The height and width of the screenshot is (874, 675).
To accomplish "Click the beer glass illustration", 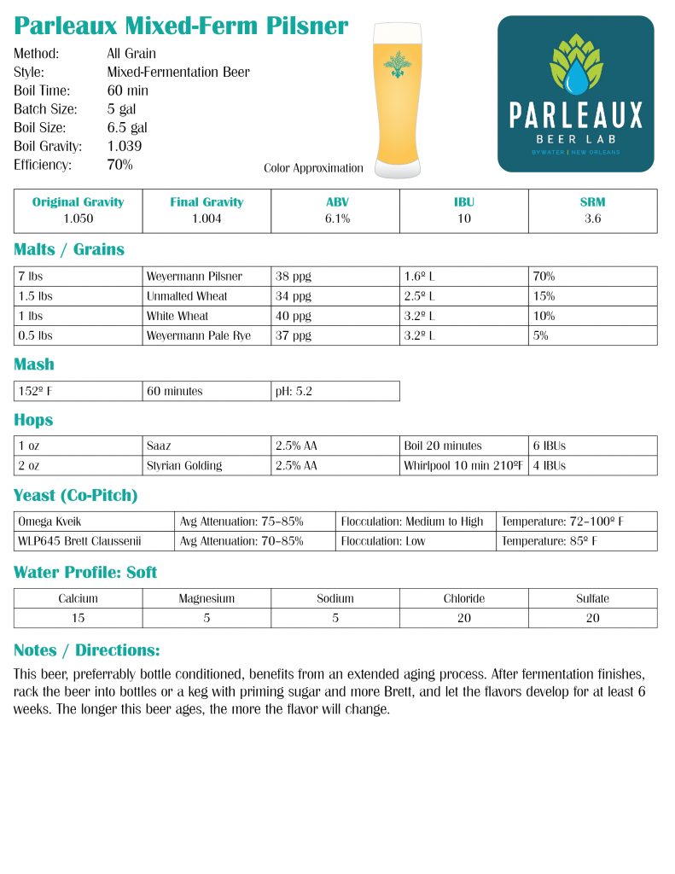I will (397, 101).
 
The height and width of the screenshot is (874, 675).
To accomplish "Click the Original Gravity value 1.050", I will (78, 218).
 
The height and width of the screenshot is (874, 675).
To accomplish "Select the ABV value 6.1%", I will (335, 218).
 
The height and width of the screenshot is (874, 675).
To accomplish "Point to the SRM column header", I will (592, 202).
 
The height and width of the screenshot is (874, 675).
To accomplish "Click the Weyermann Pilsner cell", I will (195, 277).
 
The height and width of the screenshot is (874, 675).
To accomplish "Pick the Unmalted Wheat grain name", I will (187, 296).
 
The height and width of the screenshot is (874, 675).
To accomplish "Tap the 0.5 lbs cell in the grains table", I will (35, 335).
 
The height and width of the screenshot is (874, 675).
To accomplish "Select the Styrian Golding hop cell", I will (184, 465).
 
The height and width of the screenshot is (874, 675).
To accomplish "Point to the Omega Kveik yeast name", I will (49, 521).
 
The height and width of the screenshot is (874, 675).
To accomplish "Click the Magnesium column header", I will (207, 598).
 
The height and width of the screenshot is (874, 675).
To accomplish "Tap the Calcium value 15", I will (78, 618).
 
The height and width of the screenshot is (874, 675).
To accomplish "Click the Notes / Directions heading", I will (87, 650).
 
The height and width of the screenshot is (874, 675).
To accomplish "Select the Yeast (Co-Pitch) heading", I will (76, 496).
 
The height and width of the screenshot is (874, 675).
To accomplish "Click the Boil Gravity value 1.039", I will (125, 146).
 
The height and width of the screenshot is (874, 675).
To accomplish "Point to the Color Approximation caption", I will (313, 168).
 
